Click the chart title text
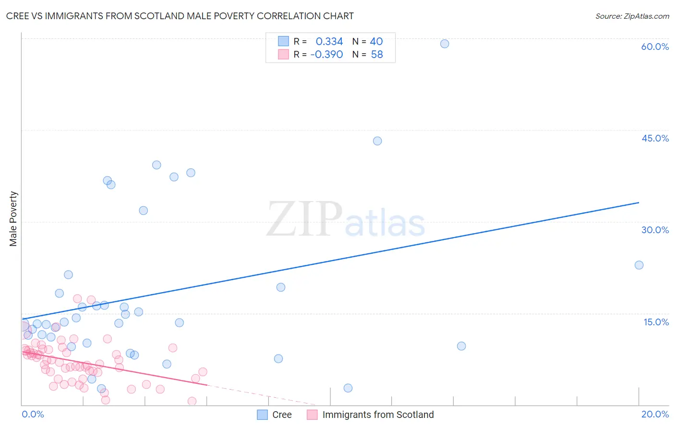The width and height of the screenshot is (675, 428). click(180, 16)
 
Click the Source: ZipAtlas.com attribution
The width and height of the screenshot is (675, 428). click(632, 16)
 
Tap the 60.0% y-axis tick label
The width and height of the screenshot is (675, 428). click(655, 47)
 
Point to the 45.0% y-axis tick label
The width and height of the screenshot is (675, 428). click(655, 138)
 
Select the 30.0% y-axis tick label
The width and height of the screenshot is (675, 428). click(655, 230)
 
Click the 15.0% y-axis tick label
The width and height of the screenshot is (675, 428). click(656, 322)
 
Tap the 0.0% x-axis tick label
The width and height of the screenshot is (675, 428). click(33, 414)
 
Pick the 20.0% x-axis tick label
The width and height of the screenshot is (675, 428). click(655, 414)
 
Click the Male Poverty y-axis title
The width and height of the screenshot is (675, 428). click(13, 219)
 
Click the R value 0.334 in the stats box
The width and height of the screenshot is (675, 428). click(329, 41)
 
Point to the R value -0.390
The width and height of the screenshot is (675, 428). click(326, 54)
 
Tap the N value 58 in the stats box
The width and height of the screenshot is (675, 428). click(377, 54)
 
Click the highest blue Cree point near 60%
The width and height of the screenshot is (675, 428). click(445, 44)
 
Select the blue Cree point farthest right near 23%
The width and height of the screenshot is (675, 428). click(639, 265)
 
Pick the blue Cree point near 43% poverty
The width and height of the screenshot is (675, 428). click(377, 141)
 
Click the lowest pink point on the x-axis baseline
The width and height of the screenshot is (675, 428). click(192, 401)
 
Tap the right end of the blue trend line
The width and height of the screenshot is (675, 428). click(639, 202)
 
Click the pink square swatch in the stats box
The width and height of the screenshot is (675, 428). click(284, 54)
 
